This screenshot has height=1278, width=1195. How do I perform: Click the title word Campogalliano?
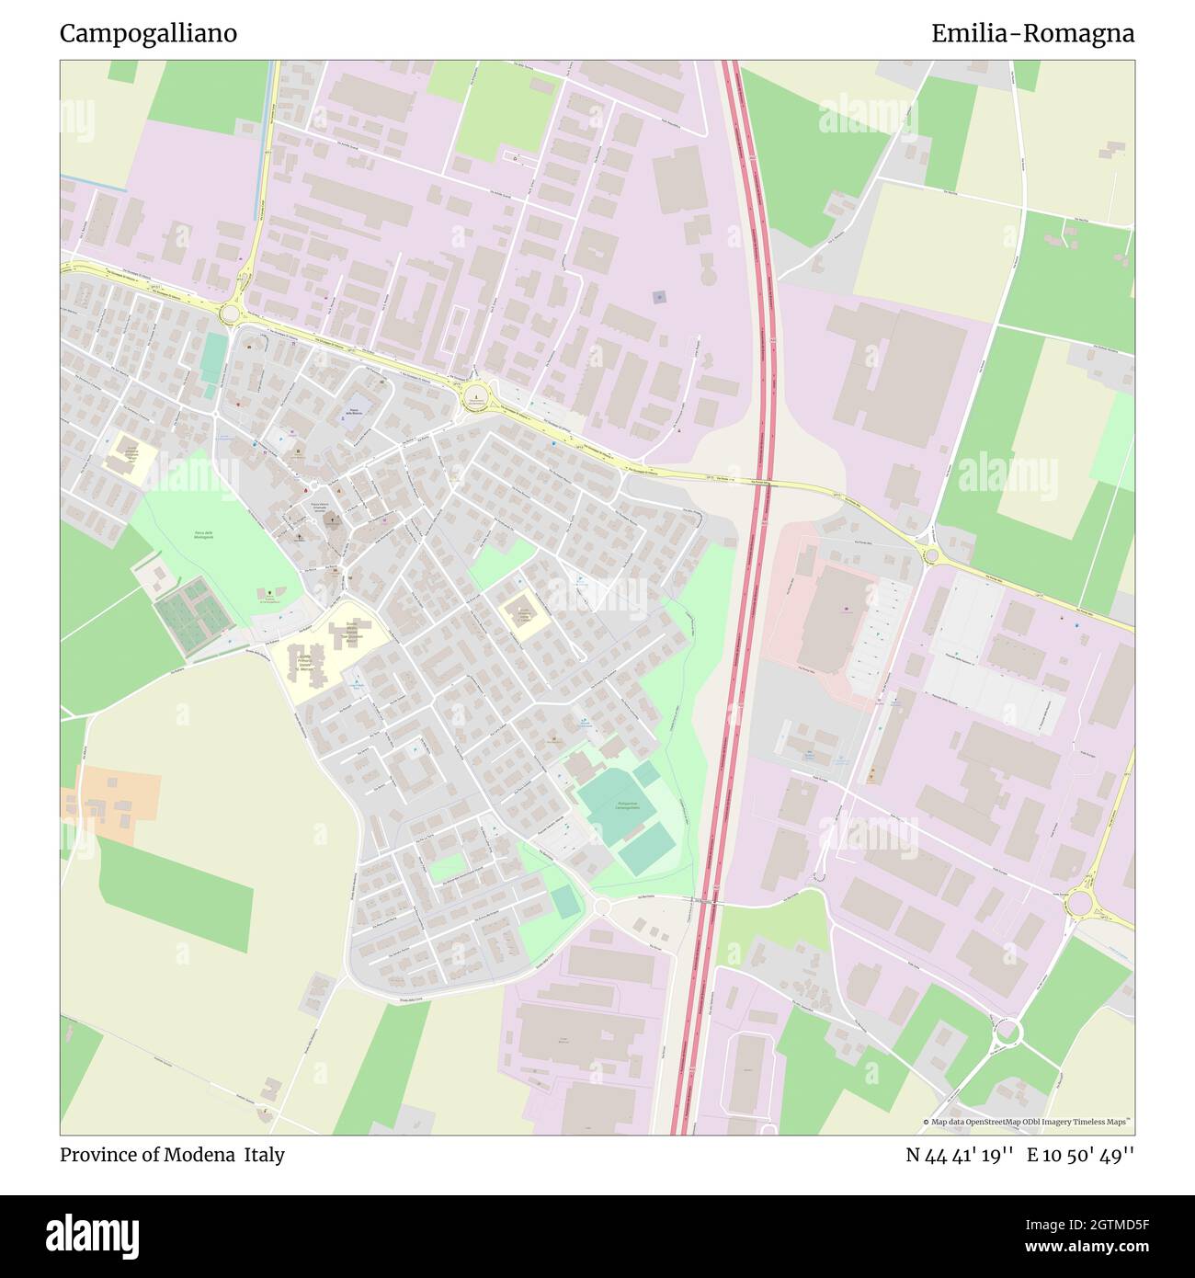coord(148,33)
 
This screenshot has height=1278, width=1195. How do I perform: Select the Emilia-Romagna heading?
coord(1032,33)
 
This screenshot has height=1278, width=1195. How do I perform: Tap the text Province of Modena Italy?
coord(172,1155)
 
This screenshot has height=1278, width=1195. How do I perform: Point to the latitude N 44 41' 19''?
coord(960,1155)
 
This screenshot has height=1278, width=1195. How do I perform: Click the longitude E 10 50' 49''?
coord(1080,1155)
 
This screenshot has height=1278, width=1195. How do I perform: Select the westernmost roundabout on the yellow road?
coord(230,314)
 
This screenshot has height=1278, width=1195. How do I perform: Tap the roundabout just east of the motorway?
coord(930,555)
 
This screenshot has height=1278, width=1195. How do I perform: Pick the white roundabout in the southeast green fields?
coord(1007,1032)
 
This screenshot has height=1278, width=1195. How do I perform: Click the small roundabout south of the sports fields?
coord(602,907)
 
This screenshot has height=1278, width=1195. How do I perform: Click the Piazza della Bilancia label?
coord(355,413)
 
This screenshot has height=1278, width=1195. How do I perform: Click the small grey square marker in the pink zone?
coord(658,296)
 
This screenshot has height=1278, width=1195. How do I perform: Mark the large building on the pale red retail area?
coord(833,618)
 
